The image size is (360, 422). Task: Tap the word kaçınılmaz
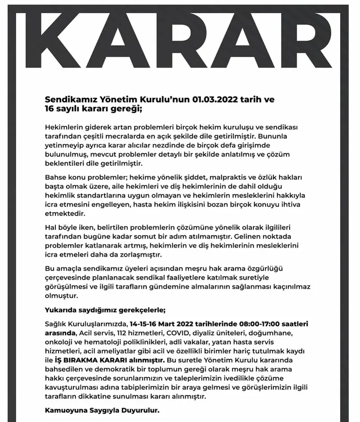(x=292, y=287)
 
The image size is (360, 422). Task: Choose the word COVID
(x=180, y=334)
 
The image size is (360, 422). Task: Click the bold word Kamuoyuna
(x=66, y=411)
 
